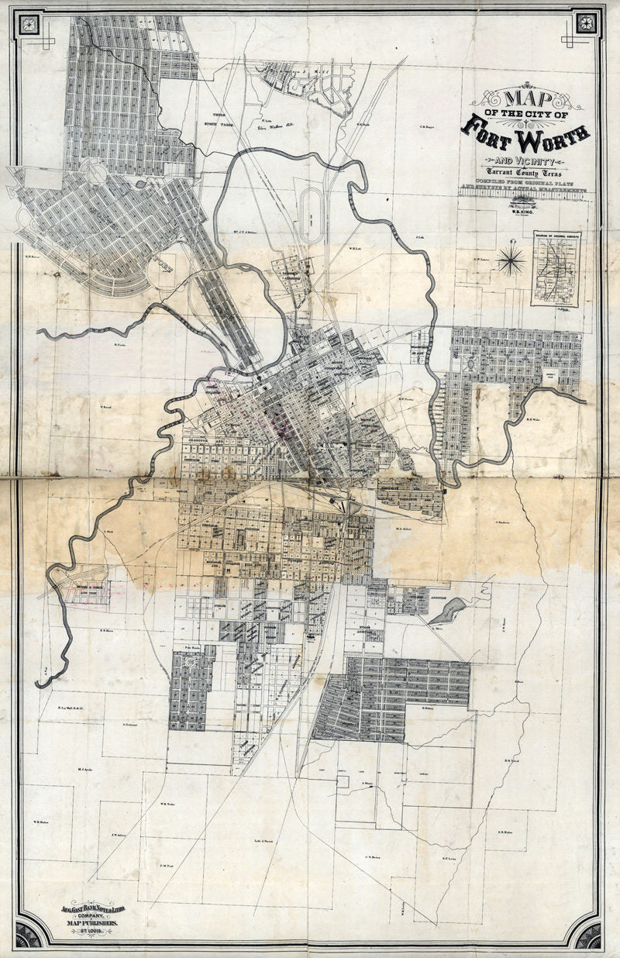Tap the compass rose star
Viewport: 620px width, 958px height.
tap(511, 260)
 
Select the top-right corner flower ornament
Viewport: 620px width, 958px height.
tap(586, 21)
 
